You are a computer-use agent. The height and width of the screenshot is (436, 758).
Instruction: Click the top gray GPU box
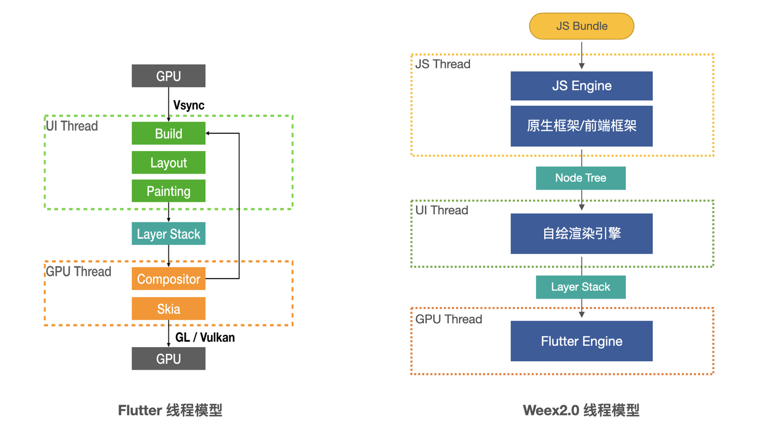[168, 76]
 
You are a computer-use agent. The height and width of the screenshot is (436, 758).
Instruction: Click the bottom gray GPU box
[168, 359]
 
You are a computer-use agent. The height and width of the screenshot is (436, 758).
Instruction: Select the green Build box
[168, 133]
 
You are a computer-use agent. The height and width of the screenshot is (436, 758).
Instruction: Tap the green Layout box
[168, 163]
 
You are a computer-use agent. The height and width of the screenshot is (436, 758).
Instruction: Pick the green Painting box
[168, 191]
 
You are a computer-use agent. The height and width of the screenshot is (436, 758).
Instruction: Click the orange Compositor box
[168, 279]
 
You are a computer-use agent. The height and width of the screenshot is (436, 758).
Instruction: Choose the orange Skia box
[168, 309]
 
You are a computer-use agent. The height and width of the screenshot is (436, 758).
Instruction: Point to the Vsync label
[188, 106]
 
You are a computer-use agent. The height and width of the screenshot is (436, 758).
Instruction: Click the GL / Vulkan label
[205, 338]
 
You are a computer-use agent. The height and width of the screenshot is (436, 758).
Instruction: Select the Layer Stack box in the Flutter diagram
[168, 234]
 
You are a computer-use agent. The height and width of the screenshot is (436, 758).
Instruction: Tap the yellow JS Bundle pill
[581, 26]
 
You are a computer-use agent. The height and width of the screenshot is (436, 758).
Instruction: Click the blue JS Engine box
[581, 85]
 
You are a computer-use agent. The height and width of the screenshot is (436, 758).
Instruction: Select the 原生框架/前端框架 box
[581, 126]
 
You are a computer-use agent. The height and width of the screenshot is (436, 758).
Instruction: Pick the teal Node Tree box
[581, 178]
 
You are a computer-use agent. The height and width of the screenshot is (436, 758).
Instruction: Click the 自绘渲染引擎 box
[581, 233]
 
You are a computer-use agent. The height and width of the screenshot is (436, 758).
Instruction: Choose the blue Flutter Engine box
[581, 341]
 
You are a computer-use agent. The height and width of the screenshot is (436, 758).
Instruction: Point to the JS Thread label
[443, 64]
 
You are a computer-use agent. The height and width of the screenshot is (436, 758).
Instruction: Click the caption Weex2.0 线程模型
[581, 410]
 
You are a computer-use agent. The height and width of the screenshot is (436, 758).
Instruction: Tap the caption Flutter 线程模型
[170, 410]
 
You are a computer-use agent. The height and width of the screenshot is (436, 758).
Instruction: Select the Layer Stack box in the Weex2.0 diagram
[581, 287]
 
